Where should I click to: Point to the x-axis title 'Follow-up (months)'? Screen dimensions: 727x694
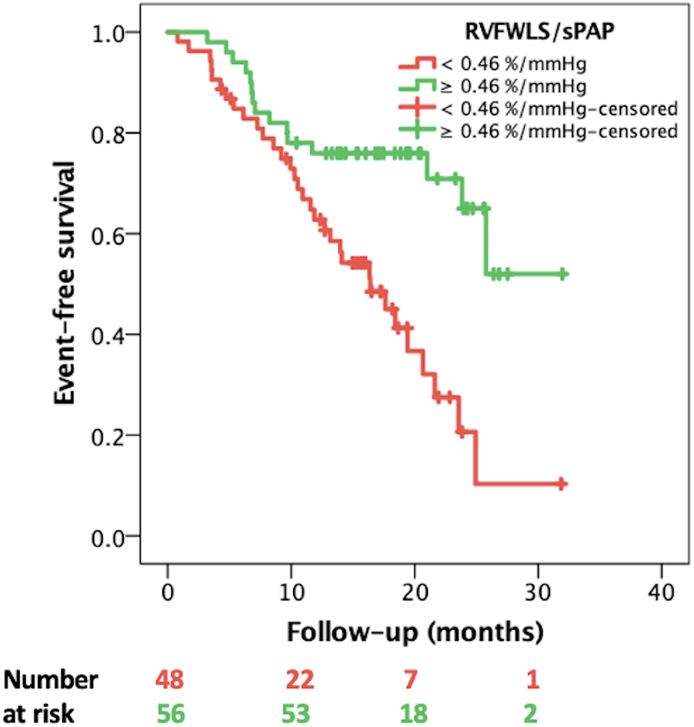coord(415,632)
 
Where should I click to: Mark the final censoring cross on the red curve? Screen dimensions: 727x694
coord(562,484)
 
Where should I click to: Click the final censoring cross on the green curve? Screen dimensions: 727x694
coord(563,274)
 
